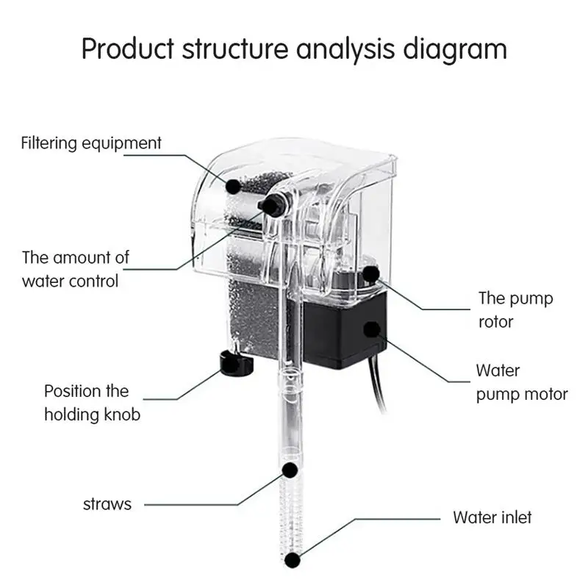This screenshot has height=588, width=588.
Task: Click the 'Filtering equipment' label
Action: (90, 143)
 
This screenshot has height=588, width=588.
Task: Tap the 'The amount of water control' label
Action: (75, 269)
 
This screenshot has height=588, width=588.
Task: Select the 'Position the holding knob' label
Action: (91, 402)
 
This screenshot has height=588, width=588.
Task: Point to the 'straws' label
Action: (107, 504)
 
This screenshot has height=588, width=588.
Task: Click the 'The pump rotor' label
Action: (515, 309)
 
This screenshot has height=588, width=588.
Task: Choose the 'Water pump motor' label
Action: (521, 382)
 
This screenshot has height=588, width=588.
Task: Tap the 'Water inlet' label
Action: (492, 517)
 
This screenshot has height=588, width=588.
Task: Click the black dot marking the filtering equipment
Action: (232, 186)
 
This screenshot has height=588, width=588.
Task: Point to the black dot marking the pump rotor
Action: (372, 276)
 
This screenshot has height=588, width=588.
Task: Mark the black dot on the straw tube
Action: (291, 469)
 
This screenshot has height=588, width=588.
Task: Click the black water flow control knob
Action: (273, 207)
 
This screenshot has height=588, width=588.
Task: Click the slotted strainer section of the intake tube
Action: (291, 514)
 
